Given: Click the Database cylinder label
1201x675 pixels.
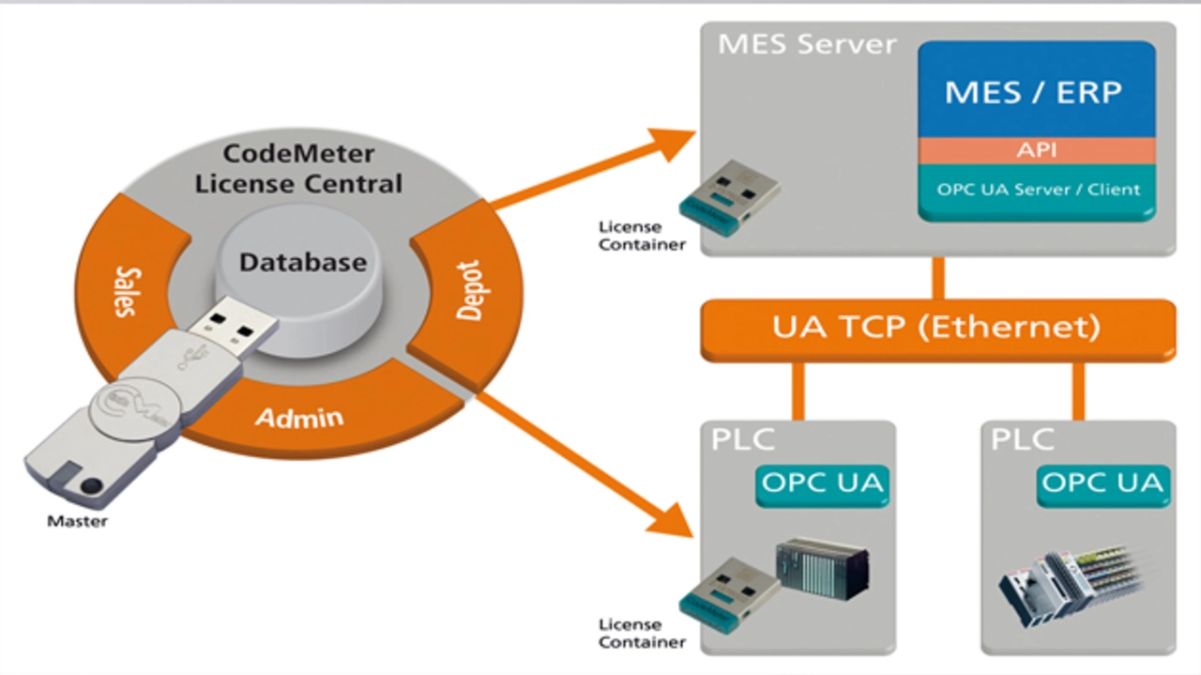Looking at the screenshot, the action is coord(303,262).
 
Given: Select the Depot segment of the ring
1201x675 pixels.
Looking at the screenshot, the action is coord(467,292).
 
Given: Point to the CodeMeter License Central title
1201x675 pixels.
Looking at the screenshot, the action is coord(298,168).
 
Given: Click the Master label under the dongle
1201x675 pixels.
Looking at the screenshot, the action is coord(77,521).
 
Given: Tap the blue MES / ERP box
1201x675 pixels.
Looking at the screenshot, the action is coord(1037,89).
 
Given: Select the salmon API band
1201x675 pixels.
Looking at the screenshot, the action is coord(1037,150).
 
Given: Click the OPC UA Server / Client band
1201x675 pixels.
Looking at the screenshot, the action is coord(1037,192).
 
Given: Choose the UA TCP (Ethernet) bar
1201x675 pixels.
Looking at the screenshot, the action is coord(937,329).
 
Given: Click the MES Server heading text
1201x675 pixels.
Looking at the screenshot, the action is coord(807,44).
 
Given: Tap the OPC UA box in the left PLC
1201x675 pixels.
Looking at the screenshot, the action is coord(822,484).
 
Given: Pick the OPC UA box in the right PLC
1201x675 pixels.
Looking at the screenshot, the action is coord(1102,484).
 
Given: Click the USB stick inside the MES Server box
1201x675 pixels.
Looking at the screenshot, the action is coord(729,198).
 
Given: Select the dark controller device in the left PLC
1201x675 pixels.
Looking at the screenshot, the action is coord(823,568).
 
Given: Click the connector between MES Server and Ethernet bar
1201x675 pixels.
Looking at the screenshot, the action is coord(938,278).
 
